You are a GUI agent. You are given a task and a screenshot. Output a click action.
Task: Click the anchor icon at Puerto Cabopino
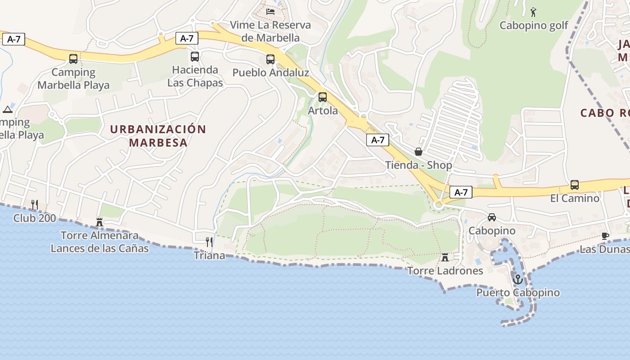click(x=518, y=279)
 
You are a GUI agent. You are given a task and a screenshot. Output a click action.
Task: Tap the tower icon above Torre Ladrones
click(x=445, y=257)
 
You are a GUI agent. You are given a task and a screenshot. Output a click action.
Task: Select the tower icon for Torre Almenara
click(x=99, y=222)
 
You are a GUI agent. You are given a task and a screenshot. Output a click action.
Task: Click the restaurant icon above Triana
click(x=209, y=242)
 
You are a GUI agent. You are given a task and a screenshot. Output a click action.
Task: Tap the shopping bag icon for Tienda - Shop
click(x=418, y=152)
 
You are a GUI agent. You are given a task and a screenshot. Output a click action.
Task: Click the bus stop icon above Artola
click(x=323, y=97)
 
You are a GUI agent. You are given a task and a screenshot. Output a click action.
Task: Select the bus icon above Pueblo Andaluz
click(x=270, y=59)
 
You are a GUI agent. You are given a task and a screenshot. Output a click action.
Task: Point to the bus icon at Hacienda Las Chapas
click(x=195, y=57)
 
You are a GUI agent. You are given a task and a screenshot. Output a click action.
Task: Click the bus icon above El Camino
click(x=575, y=185)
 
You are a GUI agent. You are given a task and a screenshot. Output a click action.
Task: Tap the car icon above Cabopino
click(x=492, y=217)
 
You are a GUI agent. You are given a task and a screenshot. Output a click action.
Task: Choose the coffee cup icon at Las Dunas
click(x=605, y=236)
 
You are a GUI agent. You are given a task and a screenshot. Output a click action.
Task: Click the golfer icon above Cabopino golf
click(x=534, y=12)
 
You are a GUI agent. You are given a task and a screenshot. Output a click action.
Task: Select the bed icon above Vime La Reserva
click(x=270, y=11)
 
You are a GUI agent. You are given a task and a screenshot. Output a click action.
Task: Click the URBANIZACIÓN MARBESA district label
click(x=158, y=136)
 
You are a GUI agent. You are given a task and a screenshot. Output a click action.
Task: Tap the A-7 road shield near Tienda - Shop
click(x=378, y=140)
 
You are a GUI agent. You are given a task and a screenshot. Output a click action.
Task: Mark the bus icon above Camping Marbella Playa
click(x=73, y=58)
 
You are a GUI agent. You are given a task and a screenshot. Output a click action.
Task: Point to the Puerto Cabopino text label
click(x=518, y=293)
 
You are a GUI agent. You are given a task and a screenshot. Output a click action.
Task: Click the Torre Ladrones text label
click(x=445, y=271)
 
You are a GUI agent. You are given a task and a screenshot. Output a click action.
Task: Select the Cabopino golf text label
click(x=534, y=26)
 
